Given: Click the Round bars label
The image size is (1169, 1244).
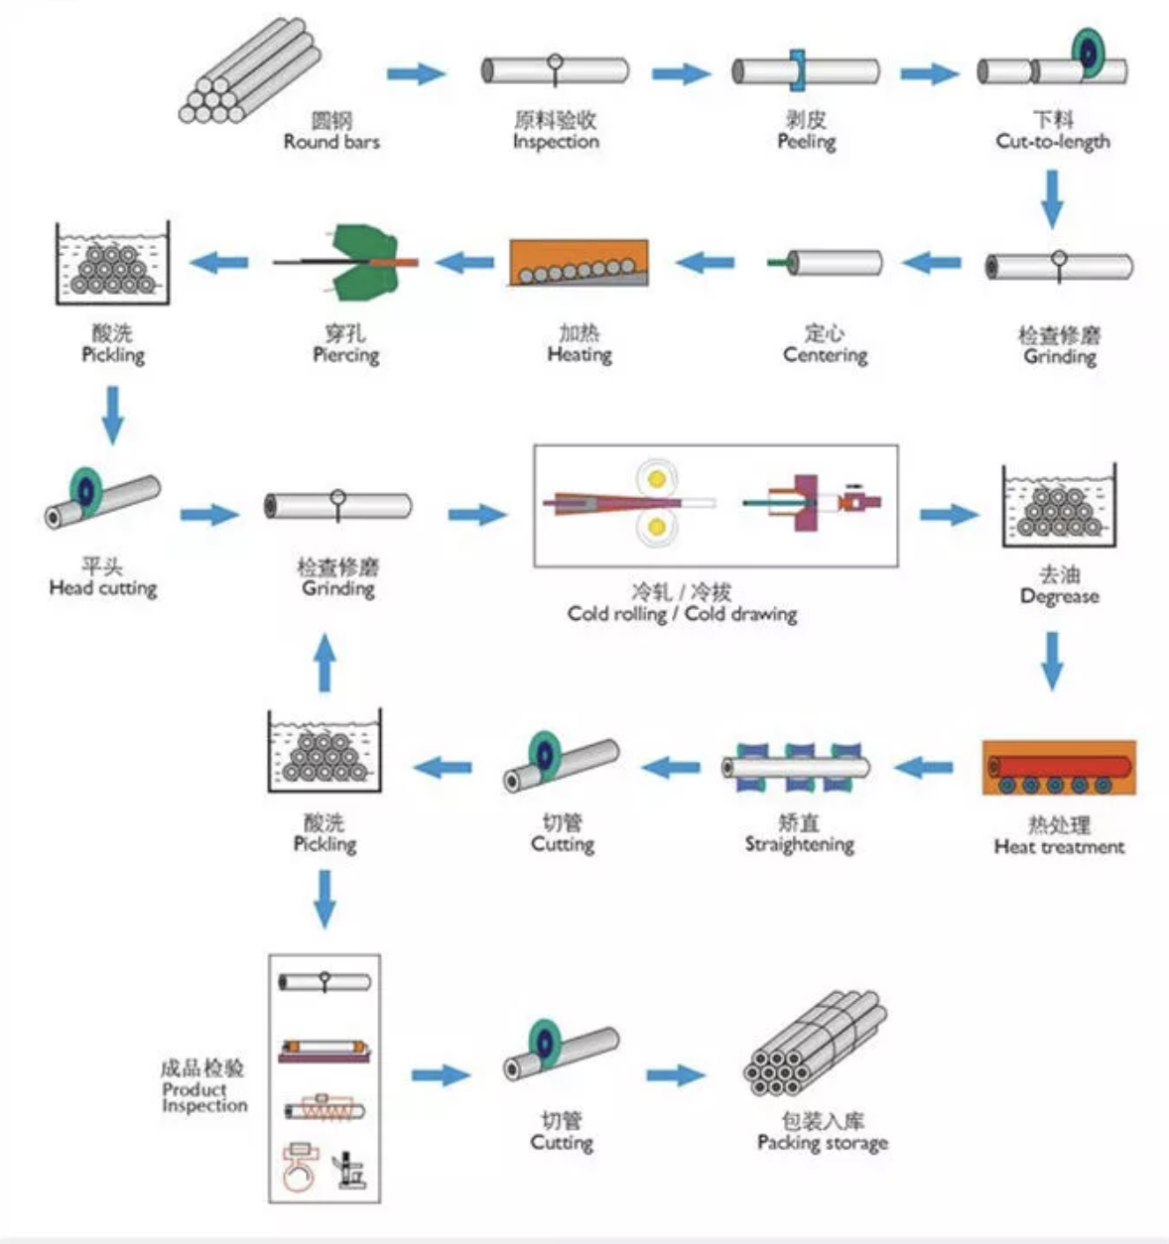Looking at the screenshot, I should point(331,142).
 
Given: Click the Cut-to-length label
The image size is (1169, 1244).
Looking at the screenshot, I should point(1053,142).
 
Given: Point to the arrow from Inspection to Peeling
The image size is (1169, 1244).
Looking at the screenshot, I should point(681,73).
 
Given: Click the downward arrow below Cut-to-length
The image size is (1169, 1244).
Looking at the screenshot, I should point(1052,198).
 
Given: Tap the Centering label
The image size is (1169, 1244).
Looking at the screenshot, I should point(825,355).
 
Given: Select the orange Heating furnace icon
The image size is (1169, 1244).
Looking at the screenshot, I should point(579,263).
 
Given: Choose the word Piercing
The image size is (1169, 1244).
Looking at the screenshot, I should point(345,355).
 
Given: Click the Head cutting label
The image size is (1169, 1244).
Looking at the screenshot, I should point(103,588).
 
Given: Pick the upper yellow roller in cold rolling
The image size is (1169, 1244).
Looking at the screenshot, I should point(656,479).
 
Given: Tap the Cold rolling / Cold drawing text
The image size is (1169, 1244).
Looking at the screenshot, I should point(682,614).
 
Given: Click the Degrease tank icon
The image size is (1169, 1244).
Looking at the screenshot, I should point(1059,506).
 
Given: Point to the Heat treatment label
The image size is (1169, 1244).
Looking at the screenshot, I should point(1059,847).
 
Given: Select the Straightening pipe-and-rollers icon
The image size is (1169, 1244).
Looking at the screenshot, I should point(797,767).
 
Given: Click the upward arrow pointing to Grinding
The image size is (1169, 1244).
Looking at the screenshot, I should point(325,662).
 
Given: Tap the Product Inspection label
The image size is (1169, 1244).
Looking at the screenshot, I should point(204,1096).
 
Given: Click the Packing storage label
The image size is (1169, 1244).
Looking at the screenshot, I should point(822,1143).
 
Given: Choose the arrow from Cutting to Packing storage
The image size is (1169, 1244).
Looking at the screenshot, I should point(676,1075).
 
